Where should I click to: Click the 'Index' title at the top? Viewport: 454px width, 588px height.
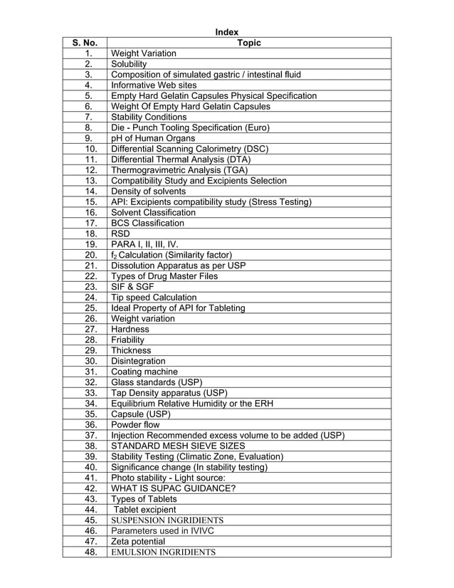coord(227,31)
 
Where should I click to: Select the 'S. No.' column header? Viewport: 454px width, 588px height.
coord(84,43)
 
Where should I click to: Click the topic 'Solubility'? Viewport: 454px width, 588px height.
coord(128,64)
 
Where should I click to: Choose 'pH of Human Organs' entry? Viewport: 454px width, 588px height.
coord(152,138)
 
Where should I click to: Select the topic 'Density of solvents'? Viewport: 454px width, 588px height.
coord(149,191)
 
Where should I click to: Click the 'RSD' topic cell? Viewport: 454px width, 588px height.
coord(120,233)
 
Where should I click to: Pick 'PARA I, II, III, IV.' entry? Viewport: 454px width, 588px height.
coord(149,244)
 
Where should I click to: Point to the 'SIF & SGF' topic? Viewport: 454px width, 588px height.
coord(132,287)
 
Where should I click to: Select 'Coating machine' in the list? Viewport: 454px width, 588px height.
coord(144,372)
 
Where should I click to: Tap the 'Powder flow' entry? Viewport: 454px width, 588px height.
coord(137,425)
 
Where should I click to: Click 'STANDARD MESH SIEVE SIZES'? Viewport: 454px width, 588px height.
coord(179,446)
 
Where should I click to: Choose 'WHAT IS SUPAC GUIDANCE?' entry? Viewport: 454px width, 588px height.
coord(173,488)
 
